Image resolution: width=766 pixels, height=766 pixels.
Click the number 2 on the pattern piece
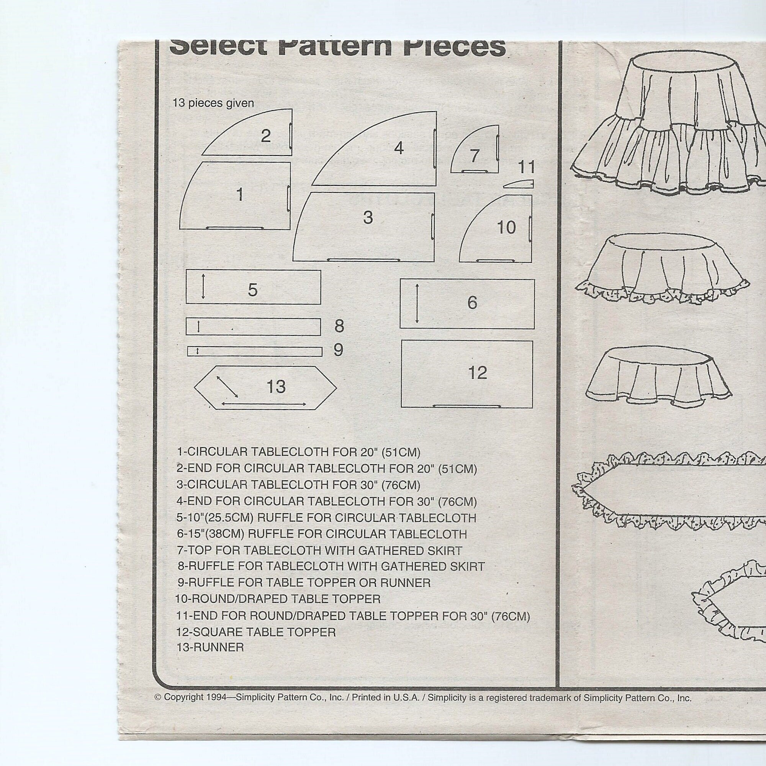click(265, 136)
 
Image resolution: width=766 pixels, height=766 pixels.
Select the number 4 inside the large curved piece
click(398, 148)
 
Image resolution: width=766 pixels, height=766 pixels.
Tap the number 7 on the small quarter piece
click(475, 156)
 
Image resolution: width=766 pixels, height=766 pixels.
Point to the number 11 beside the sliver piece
click(527, 167)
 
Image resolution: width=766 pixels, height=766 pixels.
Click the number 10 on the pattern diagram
click(506, 228)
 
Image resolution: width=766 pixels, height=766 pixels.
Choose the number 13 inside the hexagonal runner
click(276, 386)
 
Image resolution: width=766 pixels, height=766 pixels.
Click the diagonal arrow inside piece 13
click(227, 386)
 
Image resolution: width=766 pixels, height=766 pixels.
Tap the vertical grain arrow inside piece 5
click(203, 287)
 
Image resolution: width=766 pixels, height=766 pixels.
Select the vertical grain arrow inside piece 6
click(417, 303)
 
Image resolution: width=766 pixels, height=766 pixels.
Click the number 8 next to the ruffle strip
click(339, 326)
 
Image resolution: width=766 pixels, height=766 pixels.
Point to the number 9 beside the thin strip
click(338, 350)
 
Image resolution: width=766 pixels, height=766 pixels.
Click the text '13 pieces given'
click(213, 103)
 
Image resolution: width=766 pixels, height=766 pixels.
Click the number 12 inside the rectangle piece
click(477, 372)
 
